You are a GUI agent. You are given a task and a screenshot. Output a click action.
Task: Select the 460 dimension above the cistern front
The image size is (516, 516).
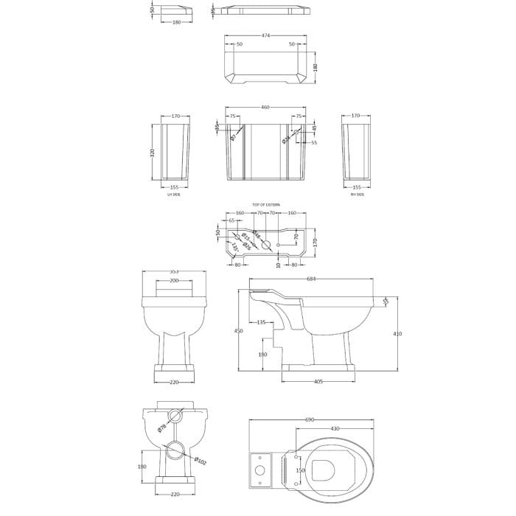pyautogui.click(x=265, y=108)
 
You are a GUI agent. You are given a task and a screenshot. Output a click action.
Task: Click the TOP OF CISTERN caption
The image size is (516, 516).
pyautogui.click(x=265, y=205)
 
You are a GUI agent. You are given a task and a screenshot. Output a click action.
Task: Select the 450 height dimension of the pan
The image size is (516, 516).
pyautogui.click(x=238, y=331)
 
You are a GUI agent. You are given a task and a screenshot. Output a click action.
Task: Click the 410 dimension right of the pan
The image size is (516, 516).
pyautogui.click(x=398, y=333)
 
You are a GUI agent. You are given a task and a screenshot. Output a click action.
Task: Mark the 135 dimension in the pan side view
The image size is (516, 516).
pyautogui.click(x=262, y=322)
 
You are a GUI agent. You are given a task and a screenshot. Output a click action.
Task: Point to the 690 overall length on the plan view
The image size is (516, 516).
pyautogui.click(x=310, y=419)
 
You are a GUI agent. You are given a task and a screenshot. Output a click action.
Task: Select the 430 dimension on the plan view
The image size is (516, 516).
pyautogui.click(x=334, y=429)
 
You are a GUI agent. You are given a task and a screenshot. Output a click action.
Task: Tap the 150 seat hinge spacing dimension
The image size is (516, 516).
pyautogui.click(x=299, y=470)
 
